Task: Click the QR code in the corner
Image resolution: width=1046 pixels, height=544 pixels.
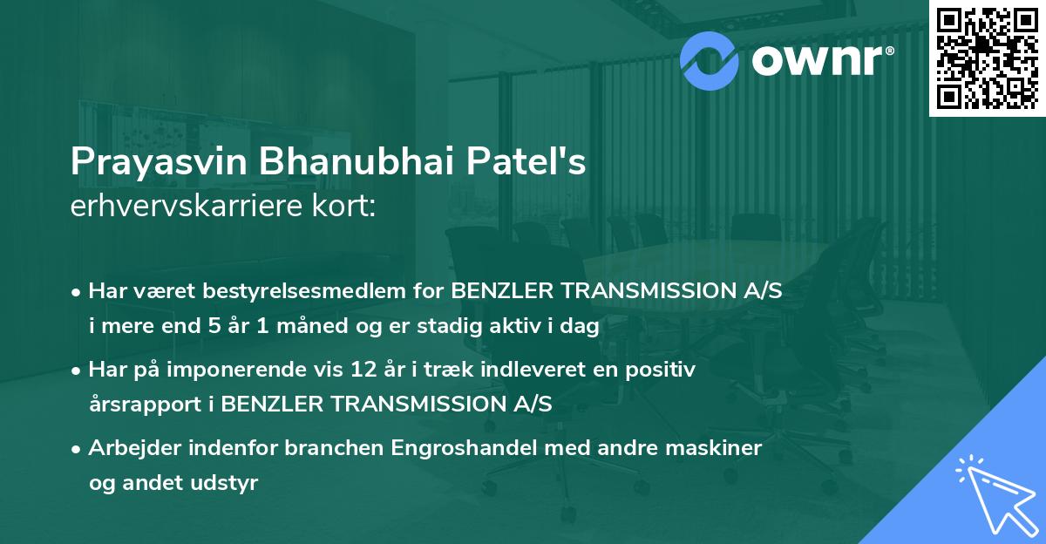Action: pos(987,58)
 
